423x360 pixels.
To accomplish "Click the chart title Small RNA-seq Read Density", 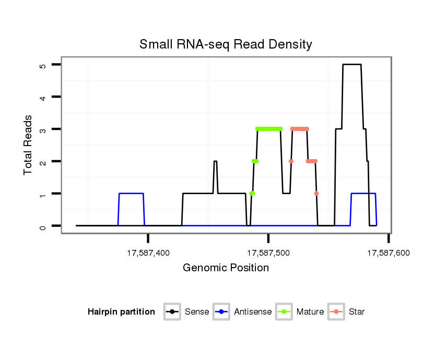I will (226, 44).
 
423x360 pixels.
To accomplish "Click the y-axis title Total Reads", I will (28, 145).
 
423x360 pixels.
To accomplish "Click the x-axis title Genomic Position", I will (226, 268).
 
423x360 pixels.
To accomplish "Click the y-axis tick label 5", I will (42, 65).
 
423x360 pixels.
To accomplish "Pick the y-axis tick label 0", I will (42, 226).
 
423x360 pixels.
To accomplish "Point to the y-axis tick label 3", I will (42, 129).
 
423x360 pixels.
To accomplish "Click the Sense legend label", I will (197, 312).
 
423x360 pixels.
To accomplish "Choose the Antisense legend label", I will (253, 312).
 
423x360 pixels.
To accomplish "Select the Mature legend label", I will (310, 312).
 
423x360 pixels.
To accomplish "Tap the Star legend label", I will (357, 312).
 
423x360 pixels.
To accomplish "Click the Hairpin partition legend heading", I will (121, 312).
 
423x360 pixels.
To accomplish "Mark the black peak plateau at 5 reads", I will (351, 65).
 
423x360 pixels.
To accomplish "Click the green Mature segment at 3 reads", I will (269, 129).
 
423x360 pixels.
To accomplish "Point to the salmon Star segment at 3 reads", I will (300, 129).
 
